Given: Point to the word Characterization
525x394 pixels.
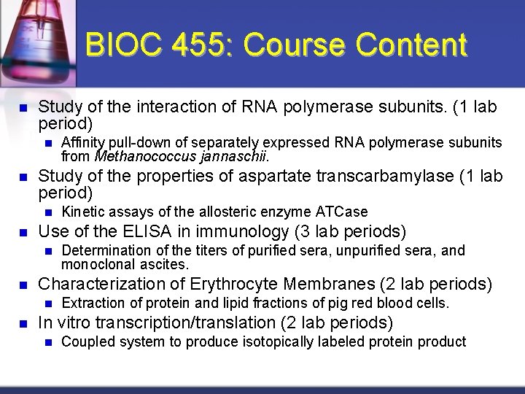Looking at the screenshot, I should [93, 285].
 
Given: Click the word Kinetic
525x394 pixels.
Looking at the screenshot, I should [82, 212].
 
